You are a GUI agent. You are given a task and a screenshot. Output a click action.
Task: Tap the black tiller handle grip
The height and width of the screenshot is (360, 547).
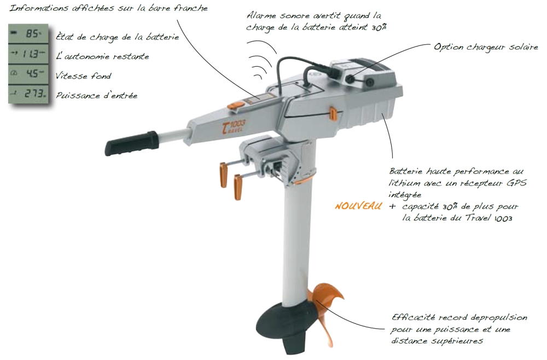point(131,142)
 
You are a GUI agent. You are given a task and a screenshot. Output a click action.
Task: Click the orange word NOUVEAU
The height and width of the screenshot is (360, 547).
point(358,206)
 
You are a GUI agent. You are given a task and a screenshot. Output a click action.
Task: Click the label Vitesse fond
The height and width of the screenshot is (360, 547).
point(83,76)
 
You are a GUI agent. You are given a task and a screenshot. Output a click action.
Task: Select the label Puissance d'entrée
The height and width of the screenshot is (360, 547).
point(97,96)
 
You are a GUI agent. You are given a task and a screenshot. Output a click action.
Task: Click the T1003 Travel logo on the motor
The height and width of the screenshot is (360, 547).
point(232,126)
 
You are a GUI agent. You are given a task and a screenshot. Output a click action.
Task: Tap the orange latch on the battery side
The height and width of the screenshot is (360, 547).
point(333,113)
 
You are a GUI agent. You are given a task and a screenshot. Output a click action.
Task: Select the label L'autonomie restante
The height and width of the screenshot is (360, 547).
point(103,56)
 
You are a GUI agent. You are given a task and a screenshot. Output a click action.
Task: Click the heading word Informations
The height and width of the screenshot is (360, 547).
point(38,8)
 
